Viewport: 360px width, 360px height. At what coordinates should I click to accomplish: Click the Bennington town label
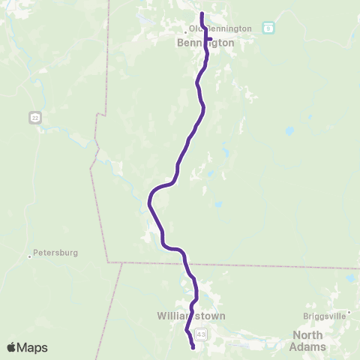tap(205, 43)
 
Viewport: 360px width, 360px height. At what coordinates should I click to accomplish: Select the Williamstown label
tap(191, 316)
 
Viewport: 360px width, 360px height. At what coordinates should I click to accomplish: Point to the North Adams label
tap(309, 340)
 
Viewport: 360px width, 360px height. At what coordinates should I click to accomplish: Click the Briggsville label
tap(325, 316)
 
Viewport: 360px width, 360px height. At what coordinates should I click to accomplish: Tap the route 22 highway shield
tap(34, 117)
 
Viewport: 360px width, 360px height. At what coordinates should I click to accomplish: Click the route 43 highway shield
tap(200, 333)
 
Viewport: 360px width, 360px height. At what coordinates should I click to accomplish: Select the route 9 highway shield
tap(268, 28)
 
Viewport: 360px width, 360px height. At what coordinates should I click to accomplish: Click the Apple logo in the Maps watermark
tap(12, 347)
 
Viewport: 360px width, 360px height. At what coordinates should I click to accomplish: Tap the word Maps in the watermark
tap(33, 347)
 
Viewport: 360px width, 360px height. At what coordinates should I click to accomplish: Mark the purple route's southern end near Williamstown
tap(193, 347)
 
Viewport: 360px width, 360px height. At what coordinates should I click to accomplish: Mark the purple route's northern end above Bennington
tap(202, 14)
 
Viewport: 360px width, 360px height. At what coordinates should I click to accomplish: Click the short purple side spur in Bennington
tap(210, 39)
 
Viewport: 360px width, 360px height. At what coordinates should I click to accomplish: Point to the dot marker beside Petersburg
tap(30, 256)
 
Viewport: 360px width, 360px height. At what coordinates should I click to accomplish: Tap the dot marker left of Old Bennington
tap(185, 31)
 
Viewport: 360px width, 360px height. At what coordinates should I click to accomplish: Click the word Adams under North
tap(309, 346)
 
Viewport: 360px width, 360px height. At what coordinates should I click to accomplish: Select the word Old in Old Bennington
tap(196, 28)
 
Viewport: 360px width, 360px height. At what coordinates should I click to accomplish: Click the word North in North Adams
tap(307, 334)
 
